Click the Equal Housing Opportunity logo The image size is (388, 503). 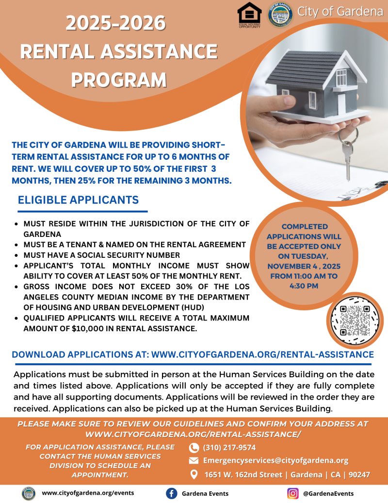[x=249, y=14]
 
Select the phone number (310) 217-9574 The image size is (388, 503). [x=229, y=447]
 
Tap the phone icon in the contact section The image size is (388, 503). [x=194, y=448]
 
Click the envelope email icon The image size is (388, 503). [x=194, y=461]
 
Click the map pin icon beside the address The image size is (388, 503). [x=194, y=474]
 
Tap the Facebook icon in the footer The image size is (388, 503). [x=171, y=493]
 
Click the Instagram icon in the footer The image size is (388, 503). [x=292, y=493]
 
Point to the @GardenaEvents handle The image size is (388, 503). [x=328, y=493]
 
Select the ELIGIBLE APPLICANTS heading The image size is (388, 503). [x=79, y=200]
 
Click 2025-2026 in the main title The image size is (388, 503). [x=115, y=23]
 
